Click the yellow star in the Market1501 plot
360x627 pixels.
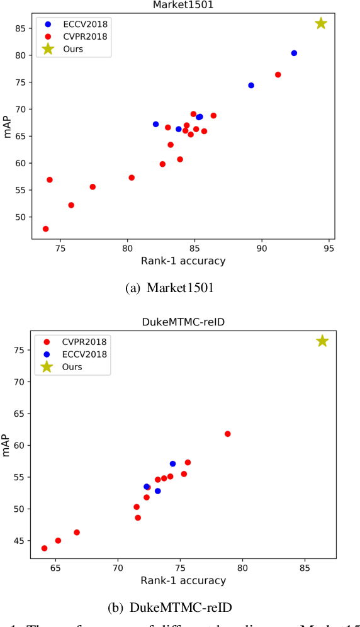click(321, 23)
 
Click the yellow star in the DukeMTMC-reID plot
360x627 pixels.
click(322, 341)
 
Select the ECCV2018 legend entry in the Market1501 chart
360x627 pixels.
click(79, 24)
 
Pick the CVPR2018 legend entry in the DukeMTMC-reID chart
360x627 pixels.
click(79, 341)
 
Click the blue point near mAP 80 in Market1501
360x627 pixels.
click(294, 53)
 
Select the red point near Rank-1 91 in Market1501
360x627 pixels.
click(278, 74)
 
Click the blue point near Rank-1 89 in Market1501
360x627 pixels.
click(251, 85)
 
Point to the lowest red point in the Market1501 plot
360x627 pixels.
click(45, 229)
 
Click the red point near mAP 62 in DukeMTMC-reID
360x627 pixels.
click(228, 434)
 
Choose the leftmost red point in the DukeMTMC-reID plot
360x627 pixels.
click(44, 548)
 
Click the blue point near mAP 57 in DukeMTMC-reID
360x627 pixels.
click(172, 464)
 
